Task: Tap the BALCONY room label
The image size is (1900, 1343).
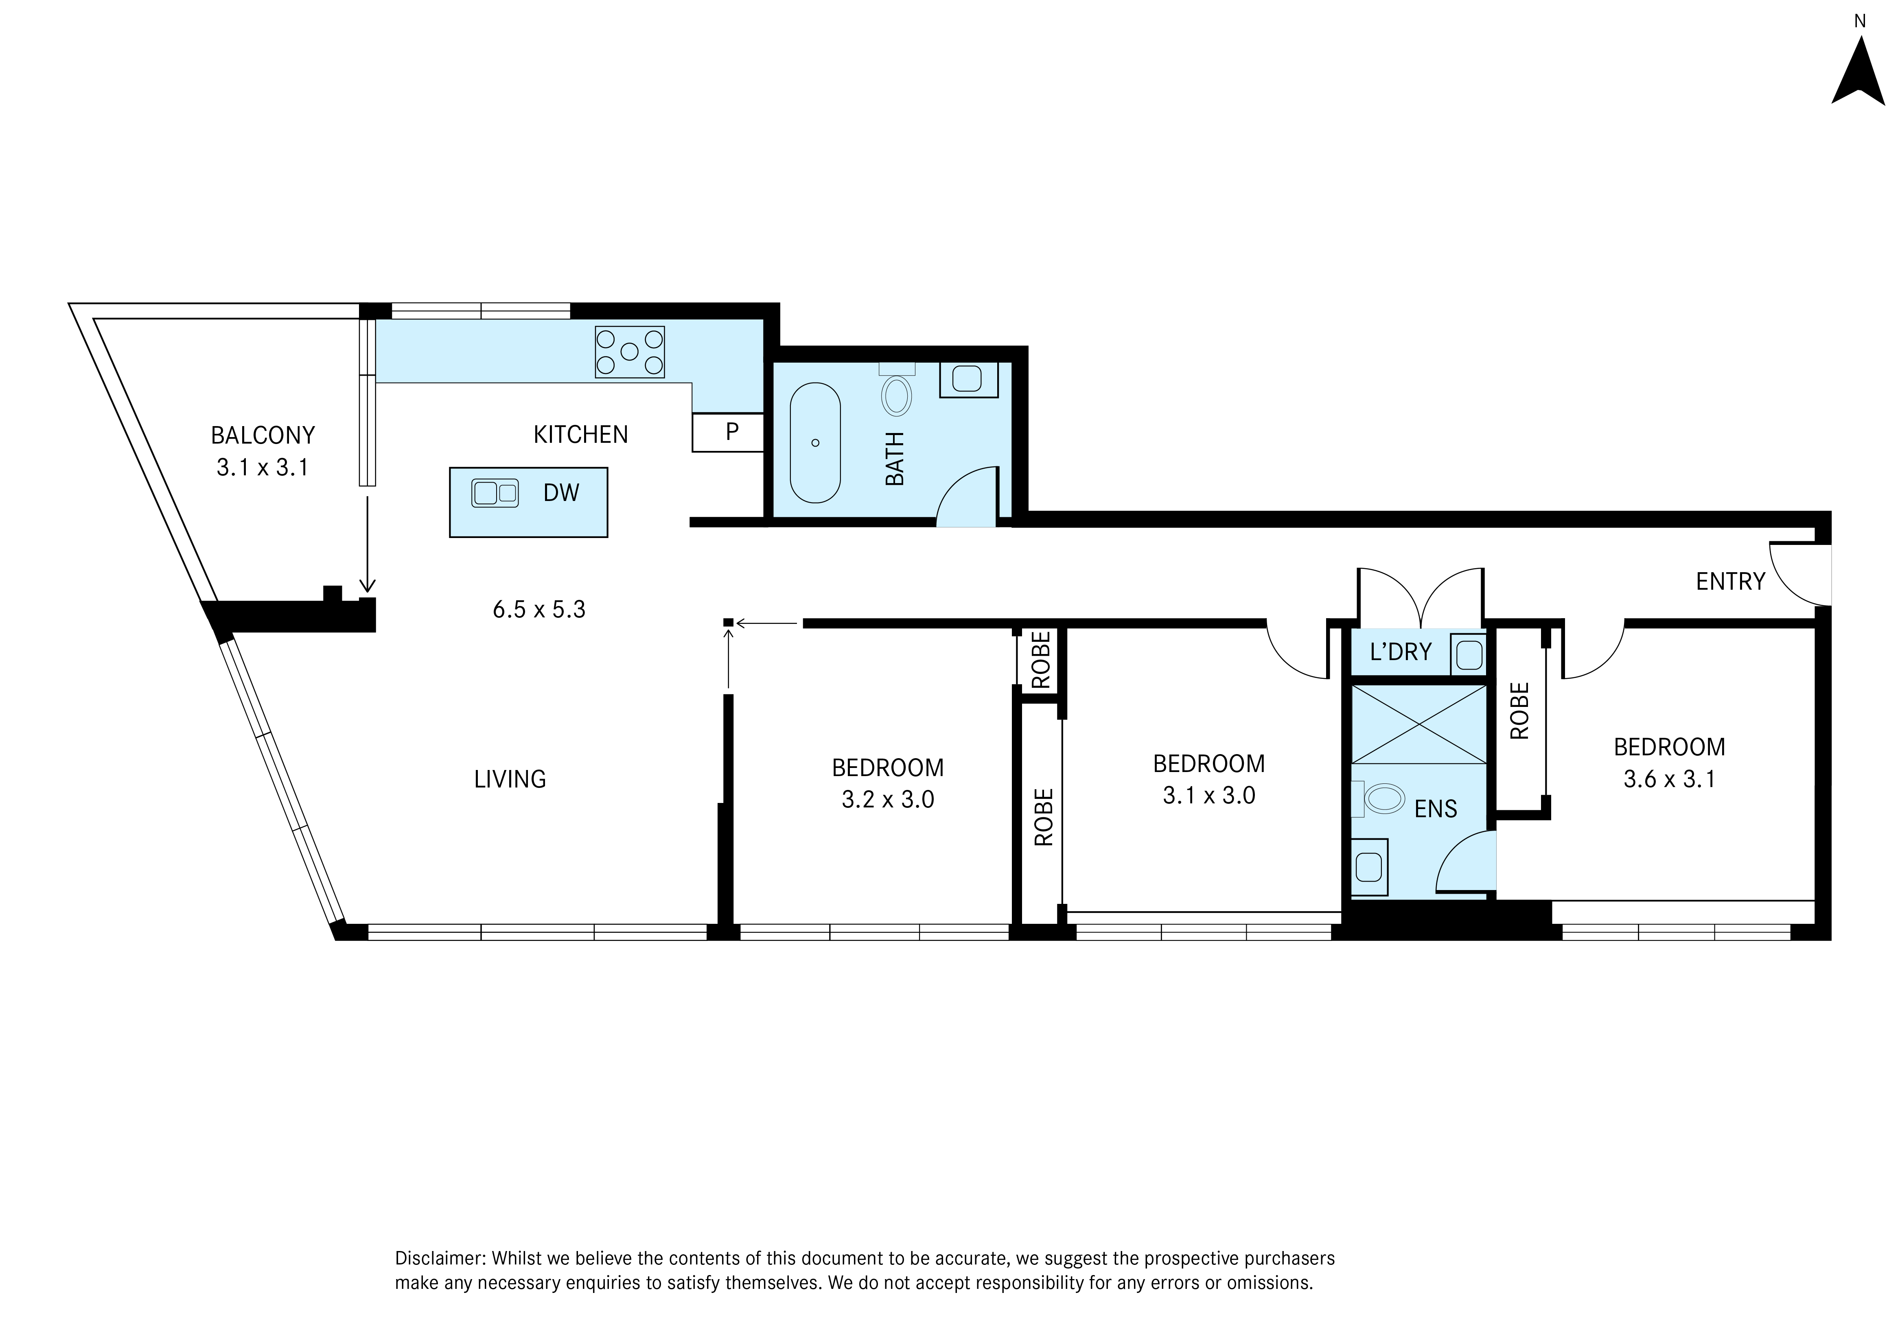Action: [x=262, y=435]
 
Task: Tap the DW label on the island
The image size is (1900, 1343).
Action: [x=561, y=493]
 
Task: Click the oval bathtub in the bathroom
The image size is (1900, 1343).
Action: [x=815, y=443]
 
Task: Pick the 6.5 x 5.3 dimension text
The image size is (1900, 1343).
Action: [x=539, y=610]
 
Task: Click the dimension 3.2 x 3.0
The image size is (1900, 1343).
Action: [x=888, y=800]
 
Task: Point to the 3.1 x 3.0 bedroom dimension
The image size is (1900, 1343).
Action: [x=1209, y=796]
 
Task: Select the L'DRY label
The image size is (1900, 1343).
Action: [x=1400, y=652]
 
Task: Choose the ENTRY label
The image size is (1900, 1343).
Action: [x=1730, y=582]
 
